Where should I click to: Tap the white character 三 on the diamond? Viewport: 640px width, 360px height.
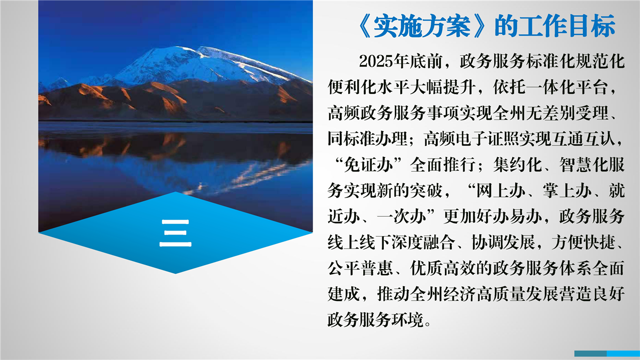tap(176, 233)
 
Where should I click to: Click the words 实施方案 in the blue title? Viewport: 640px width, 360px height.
tap(422, 26)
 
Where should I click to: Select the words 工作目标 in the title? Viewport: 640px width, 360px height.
tap(567, 26)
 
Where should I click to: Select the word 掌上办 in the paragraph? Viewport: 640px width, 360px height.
tap(567, 190)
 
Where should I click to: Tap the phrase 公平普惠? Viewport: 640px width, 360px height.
tap(361, 268)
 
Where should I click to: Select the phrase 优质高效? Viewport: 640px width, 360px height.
tap(443, 268)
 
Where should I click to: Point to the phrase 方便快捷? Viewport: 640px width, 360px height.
tap(584, 242)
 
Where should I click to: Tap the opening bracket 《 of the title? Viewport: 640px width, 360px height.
tap(364, 26)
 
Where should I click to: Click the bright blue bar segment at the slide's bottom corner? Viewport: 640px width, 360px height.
tap(623, 353)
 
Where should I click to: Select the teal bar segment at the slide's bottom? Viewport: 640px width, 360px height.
tap(590, 353)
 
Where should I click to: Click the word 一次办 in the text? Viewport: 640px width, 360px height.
tap(402, 216)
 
